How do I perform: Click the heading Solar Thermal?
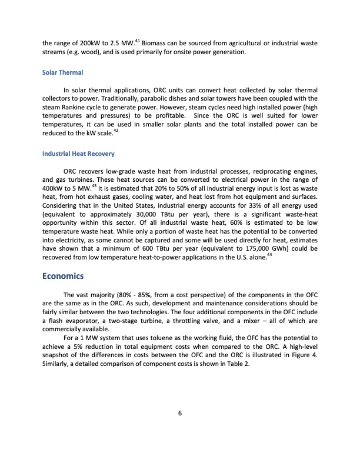coord(63,72)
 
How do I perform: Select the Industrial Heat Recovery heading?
coord(78,154)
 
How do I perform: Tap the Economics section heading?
coord(64,276)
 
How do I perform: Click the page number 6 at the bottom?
coord(180,412)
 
